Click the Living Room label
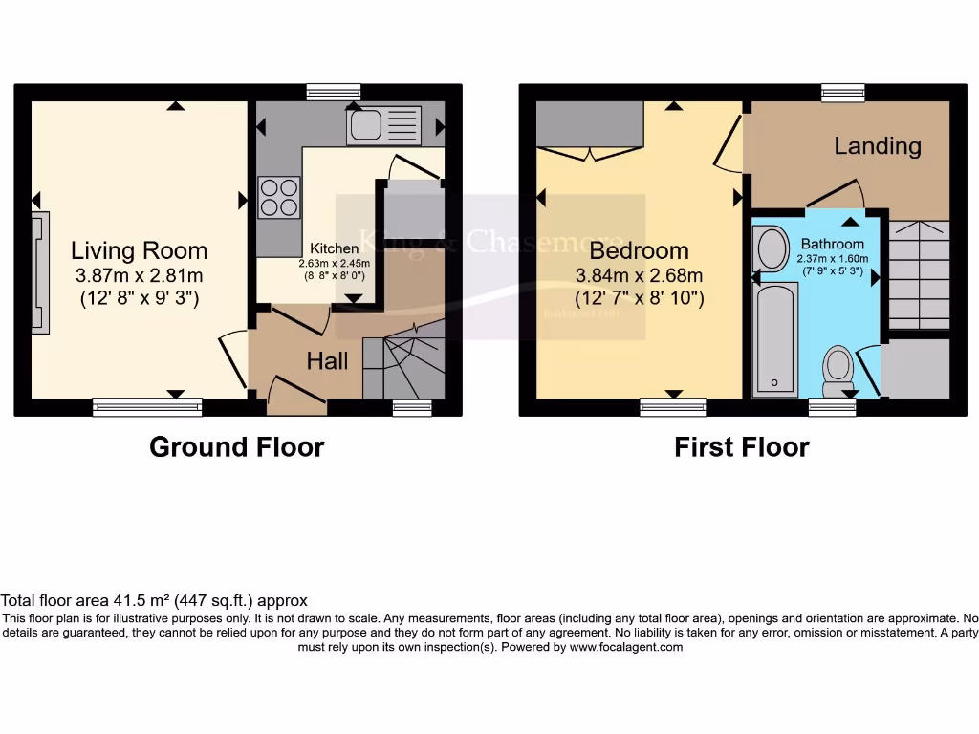(140, 251)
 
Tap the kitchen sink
(383, 124)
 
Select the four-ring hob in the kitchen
(278, 198)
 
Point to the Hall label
(328, 360)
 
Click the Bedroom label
(639, 251)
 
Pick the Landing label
(878, 146)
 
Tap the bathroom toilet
(838, 367)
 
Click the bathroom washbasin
(770, 248)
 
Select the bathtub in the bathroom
(774, 339)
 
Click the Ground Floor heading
(237, 446)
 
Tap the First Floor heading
(742, 446)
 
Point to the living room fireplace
(40, 272)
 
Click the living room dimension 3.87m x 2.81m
(140, 276)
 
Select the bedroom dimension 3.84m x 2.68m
(639, 276)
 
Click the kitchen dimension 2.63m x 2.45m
(335, 263)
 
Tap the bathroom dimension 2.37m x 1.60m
(833, 258)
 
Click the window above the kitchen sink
(334, 92)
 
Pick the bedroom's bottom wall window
(673, 406)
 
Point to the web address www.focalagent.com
(626, 647)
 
